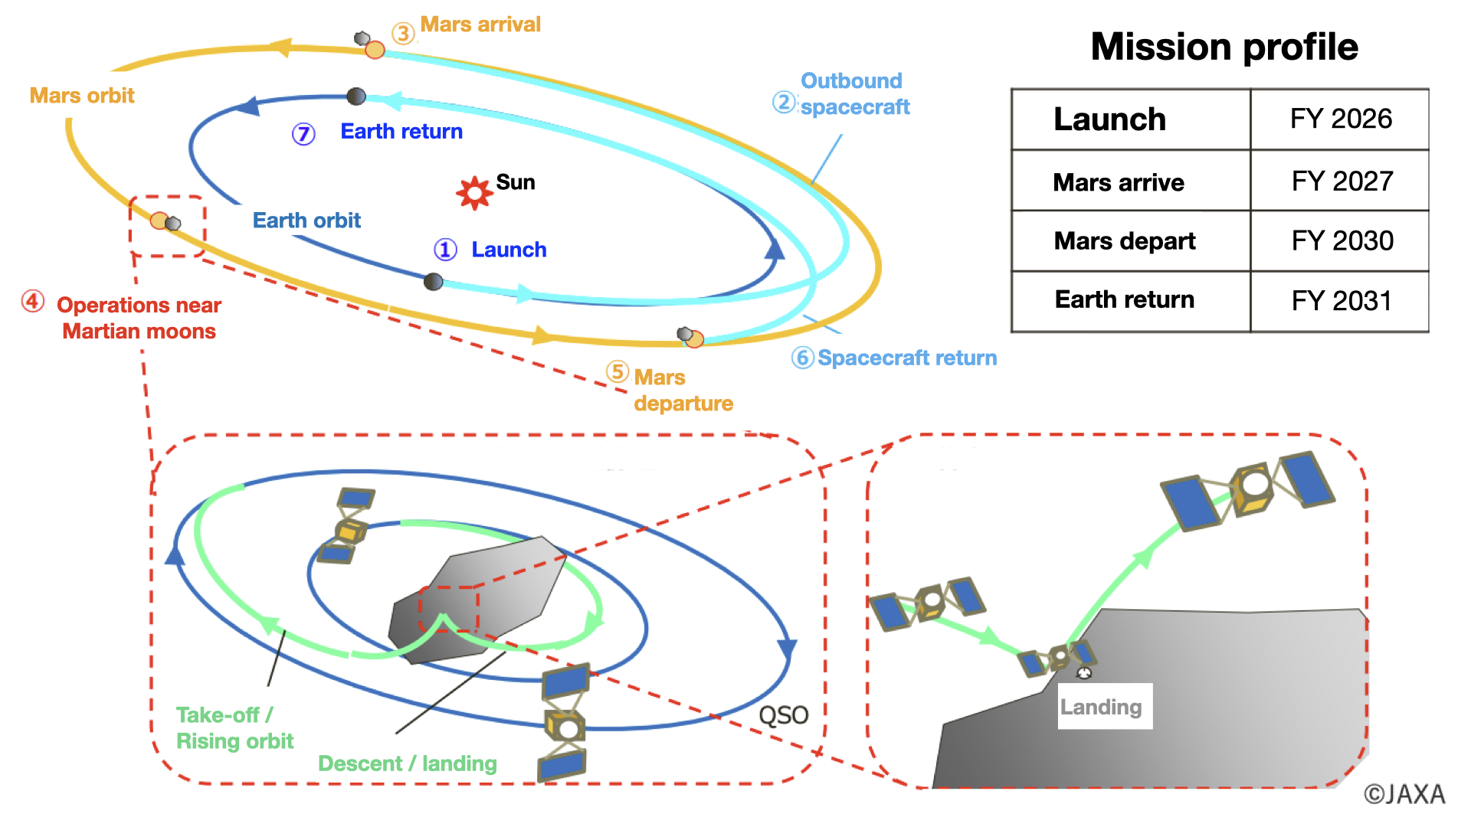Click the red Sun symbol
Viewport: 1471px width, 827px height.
point(474,192)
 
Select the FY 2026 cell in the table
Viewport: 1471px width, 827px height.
point(1340,119)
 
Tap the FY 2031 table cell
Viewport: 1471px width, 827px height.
point(1341,301)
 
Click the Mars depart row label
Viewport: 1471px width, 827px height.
point(1124,241)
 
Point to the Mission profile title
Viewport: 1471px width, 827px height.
point(1224,47)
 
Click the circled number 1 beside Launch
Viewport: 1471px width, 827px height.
point(445,250)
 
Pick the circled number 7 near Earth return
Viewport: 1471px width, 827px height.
point(303,134)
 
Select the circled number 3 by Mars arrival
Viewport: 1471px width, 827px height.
point(403,33)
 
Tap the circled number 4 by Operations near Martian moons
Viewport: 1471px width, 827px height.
point(33,301)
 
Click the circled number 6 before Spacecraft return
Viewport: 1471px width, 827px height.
point(802,358)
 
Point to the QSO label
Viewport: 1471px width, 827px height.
point(783,715)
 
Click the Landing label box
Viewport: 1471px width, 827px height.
point(1104,707)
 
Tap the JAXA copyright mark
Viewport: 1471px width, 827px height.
point(1404,794)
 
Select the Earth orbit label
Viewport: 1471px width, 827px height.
point(306,221)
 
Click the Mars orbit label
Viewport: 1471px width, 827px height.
point(82,96)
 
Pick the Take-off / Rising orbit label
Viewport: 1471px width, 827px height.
point(234,727)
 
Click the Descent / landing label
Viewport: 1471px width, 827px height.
point(407,763)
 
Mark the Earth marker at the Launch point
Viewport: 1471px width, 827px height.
point(434,282)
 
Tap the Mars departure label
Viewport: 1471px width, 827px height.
point(683,391)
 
